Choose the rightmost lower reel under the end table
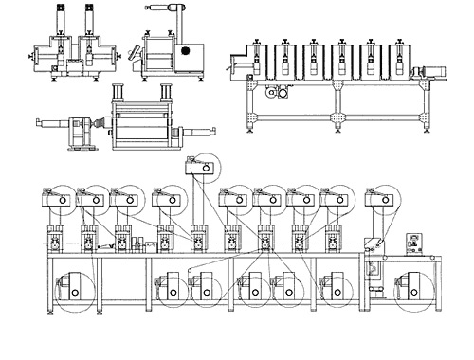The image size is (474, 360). tap(414, 289)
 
